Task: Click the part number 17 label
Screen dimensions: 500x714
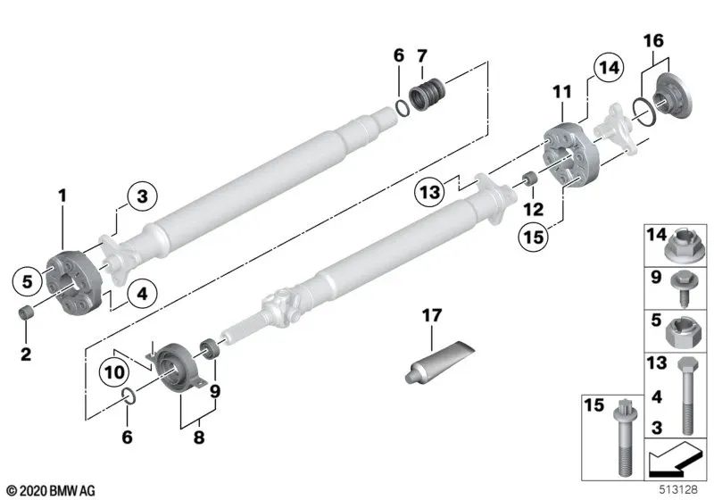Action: coord(431,315)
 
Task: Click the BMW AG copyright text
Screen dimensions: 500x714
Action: coord(50,489)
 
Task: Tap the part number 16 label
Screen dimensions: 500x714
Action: coord(653,42)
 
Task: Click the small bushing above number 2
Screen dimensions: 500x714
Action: coord(29,313)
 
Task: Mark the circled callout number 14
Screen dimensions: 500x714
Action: coord(607,67)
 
